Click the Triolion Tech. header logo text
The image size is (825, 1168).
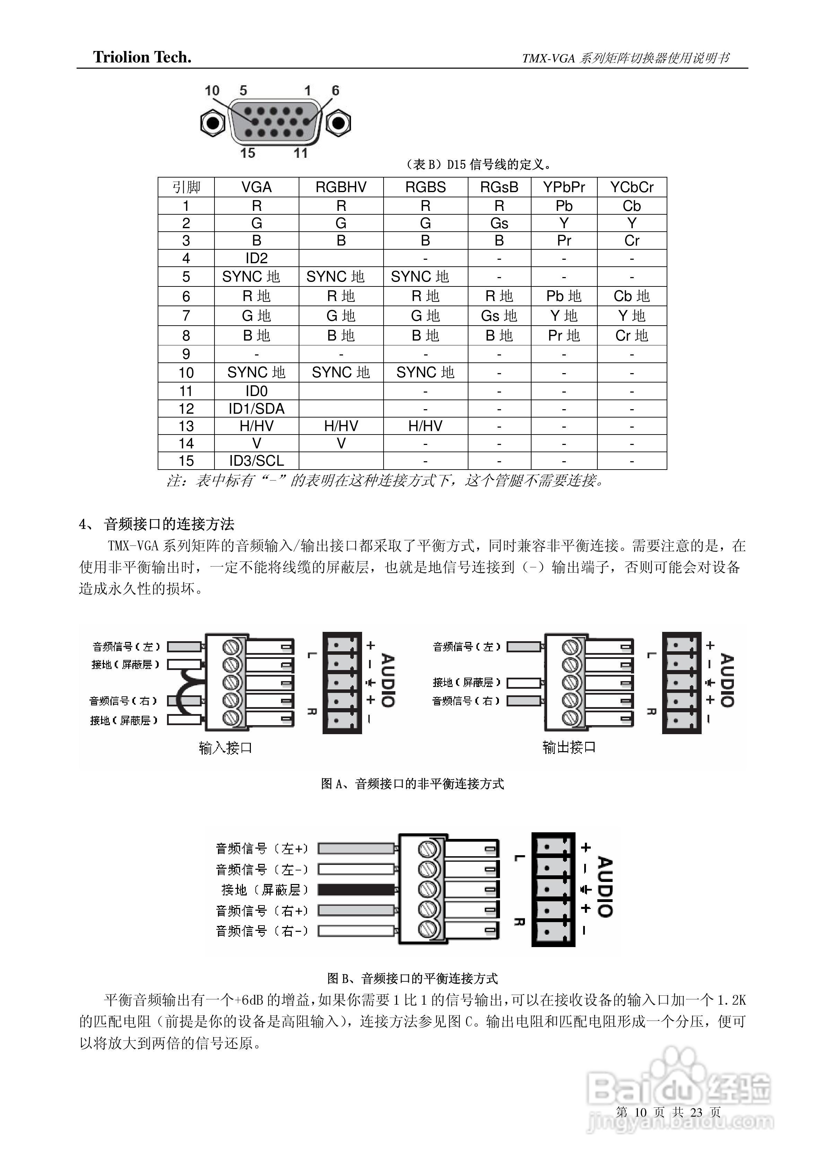tap(142, 58)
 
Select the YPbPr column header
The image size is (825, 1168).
tap(564, 187)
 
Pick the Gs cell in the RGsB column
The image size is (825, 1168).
tap(499, 223)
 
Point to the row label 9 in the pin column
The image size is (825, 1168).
tap(186, 354)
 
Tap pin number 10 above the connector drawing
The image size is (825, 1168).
tap(212, 91)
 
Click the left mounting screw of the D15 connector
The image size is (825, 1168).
tap(212, 123)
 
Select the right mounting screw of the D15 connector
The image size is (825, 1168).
tap(337, 123)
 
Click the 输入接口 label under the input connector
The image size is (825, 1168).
tap(225, 748)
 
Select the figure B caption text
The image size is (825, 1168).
tap(412, 978)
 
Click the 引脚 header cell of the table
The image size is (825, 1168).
tap(186, 187)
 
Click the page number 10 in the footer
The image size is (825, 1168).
tap(640, 1113)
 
